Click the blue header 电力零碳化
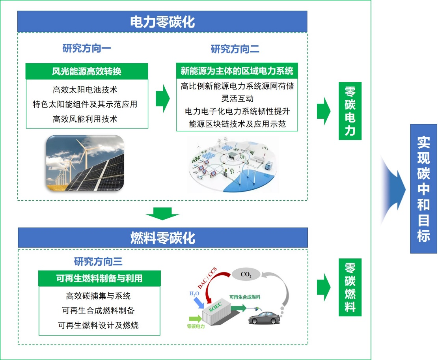point(162,22)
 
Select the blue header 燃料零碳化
point(162,238)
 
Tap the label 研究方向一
point(87,48)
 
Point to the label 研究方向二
point(235,49)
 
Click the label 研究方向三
point(98,261)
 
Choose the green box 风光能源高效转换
point(87,71)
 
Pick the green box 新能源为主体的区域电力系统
point(237,71)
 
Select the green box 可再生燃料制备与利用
point(99,278)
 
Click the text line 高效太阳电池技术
point(85,90)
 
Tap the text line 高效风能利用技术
point(85,119)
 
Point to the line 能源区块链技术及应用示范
point(237,124)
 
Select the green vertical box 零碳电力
point(350,111)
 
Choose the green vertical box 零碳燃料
point(350,287)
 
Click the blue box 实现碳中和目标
point(423,188)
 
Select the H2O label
point(194,294)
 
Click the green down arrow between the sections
point(162,215)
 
